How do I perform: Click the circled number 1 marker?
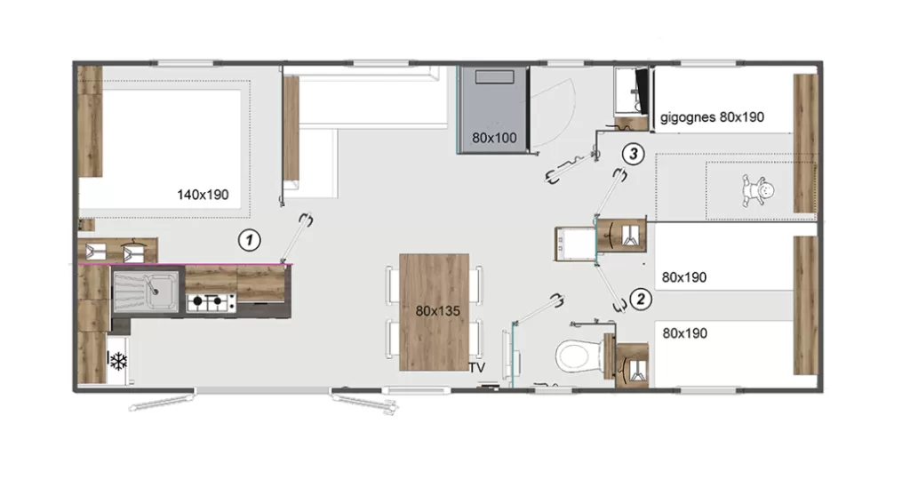[250, 240]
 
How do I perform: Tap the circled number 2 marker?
[641, 299]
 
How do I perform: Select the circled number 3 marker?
[633, 154]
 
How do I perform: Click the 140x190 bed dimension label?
[203, 195]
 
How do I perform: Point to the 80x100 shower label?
[494, 138]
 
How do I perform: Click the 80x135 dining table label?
[437, 311]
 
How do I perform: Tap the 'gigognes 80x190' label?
[712, 117]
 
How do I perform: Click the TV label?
[477, 368]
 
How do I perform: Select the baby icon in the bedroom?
[757, 191]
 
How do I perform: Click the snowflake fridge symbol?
[118, 361]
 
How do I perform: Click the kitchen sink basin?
[146, 291]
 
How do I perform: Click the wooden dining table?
[434, 312]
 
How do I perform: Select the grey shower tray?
[493, 109]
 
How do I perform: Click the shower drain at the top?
[494, 77]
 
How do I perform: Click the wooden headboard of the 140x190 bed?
[90, 122]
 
